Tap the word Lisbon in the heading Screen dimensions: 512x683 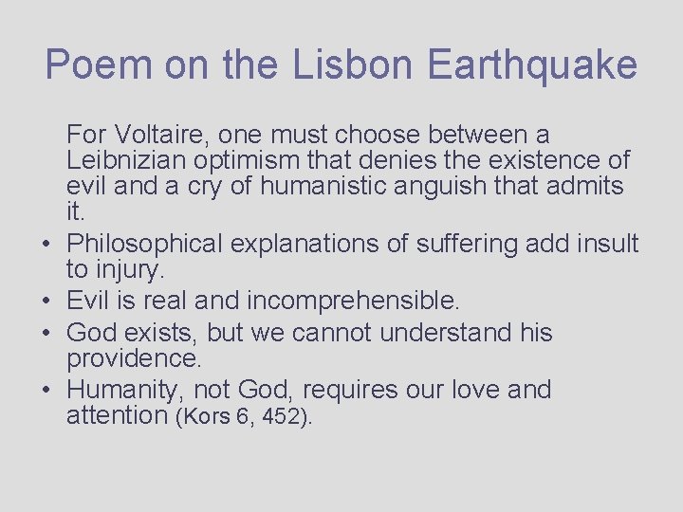pos(354,65)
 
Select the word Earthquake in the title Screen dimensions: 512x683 pos(532,65)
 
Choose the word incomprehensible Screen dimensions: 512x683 pos(353,302)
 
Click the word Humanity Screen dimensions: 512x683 pos(125,390)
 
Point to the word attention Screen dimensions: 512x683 pos(118,414)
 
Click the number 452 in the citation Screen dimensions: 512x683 pos(278,416)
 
